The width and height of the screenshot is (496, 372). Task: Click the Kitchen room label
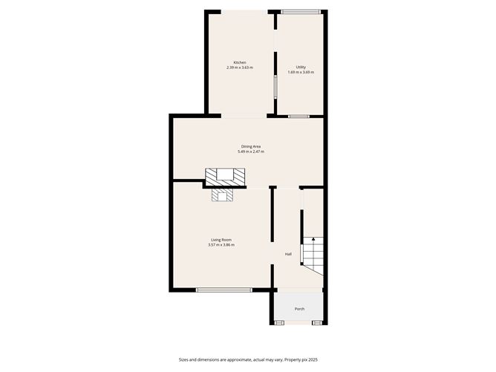coord(240,62)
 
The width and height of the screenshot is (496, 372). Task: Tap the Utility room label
coord(301,67)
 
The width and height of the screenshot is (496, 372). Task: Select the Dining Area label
coord(250,146)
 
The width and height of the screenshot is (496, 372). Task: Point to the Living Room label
coord(221,239)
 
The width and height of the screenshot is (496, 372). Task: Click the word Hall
coord(288,255)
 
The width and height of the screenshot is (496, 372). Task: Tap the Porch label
coord(299,308)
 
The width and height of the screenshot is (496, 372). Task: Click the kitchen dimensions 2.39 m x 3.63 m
coord(240,68)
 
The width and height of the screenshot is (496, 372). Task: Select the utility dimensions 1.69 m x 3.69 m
coord(301,73)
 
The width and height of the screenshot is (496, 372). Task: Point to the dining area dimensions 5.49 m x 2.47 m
coord(250,151)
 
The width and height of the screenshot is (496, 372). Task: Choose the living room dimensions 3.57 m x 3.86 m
coord(221,245)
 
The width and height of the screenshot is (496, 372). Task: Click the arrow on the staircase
coord(313,240)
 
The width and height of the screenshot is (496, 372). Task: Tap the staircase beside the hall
coord(312,256)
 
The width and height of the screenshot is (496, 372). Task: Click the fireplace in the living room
coord(223,195)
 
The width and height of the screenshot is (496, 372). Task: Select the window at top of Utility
coord(301,10)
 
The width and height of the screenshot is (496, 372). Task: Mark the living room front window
coord(219,290)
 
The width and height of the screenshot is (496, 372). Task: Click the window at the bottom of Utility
coord(299,116)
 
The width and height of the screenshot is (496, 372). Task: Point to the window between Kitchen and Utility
coord(275,85)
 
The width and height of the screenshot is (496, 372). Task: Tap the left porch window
coord(279,323)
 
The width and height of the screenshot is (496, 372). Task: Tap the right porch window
coord(317,323)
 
